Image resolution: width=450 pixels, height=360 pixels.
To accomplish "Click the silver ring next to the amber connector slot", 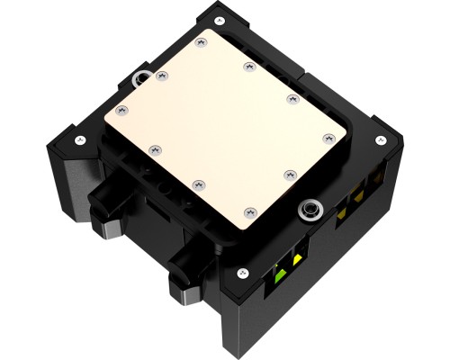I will (x=310, y=209).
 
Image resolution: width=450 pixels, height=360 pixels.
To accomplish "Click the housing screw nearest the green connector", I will (x=241, y=273).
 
